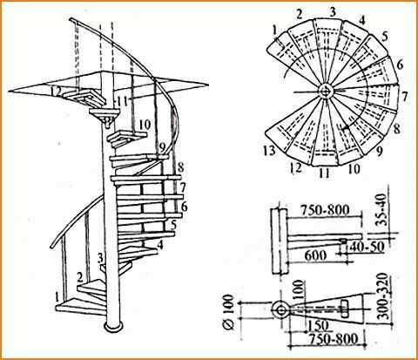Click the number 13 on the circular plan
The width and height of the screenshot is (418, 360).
270,151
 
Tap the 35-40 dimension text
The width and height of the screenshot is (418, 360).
382,210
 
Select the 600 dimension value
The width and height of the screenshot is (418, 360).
315,255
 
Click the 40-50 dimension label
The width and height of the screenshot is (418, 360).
367,247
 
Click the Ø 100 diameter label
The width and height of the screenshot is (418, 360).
229,312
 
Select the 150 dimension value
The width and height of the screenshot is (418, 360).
318,326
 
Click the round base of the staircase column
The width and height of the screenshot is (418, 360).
112,327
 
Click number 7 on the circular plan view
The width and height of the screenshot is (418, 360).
404,96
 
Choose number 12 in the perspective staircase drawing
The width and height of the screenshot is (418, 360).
56,92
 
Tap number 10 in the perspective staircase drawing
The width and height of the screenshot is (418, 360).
145,125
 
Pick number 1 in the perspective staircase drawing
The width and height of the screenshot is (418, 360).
57,297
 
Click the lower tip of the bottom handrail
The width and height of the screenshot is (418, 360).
52,247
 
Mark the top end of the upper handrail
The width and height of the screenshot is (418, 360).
71,20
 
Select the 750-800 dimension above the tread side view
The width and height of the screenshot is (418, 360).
325,210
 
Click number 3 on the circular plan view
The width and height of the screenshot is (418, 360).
333,11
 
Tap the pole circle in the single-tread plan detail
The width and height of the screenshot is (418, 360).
280,309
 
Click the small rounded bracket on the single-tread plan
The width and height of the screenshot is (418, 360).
345,309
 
